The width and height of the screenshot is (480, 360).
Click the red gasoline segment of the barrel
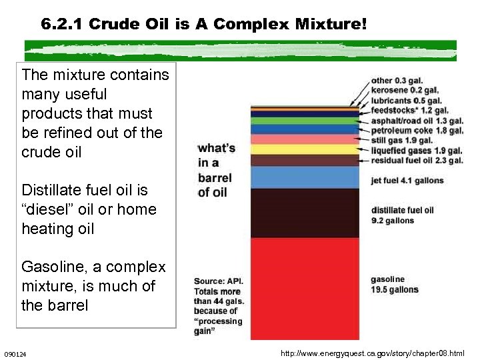[305, 287]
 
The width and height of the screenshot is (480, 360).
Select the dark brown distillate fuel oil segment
[305, 213]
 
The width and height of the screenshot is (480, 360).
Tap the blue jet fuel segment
[305, 177]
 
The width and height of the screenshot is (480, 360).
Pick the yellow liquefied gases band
[305, 149]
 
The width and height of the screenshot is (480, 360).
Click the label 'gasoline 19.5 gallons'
[395, 285]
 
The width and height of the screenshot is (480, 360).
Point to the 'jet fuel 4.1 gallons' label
[407, 181]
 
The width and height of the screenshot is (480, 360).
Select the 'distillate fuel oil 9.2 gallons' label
[402, 215]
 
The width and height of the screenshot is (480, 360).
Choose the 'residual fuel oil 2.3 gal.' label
[417, 161]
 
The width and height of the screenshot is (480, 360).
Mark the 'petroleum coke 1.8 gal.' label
[417, 131]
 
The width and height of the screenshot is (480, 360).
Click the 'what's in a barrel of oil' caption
[216, 170]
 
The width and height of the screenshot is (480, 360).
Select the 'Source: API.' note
[219, 281]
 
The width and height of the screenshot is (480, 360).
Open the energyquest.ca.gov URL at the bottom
[373, 352]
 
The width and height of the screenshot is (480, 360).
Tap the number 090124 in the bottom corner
[15, 353]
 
